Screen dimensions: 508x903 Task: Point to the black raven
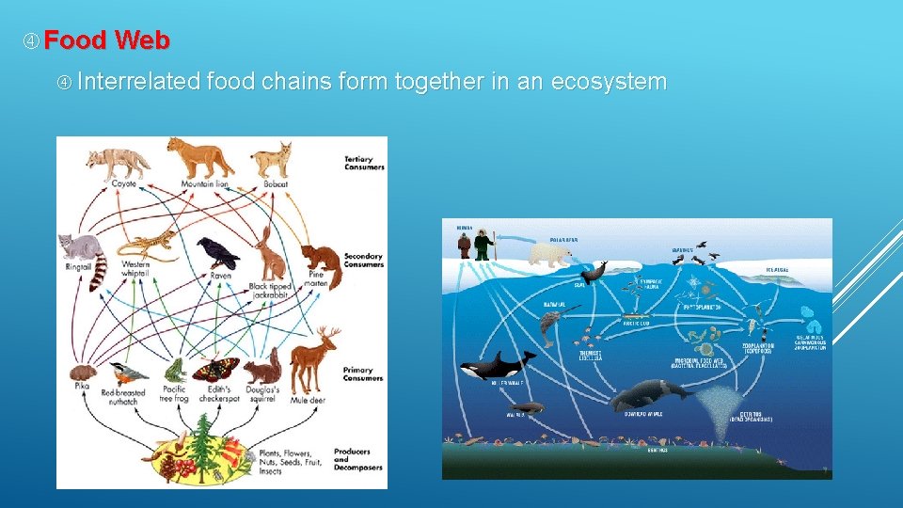coord(217,253)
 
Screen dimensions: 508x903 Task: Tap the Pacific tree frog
coord(172,368)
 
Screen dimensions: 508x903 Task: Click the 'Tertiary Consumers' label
coord(364,163)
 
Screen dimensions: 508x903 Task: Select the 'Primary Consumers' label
coord(364,375)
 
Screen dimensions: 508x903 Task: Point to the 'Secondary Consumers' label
coord(364,260)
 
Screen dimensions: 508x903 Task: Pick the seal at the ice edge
coord(594,273)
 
